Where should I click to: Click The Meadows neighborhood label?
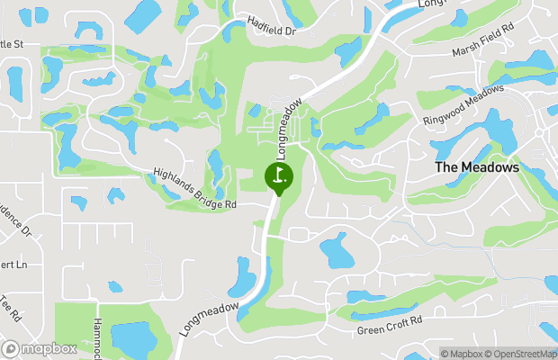coord(477,167)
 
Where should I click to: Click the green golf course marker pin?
coord(279,175)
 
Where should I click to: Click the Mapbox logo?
coord(40,348)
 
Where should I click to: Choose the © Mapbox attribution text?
coord(462,353)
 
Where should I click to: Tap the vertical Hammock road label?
coord(97,337)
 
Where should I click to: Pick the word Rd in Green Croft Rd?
coord(416,319)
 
